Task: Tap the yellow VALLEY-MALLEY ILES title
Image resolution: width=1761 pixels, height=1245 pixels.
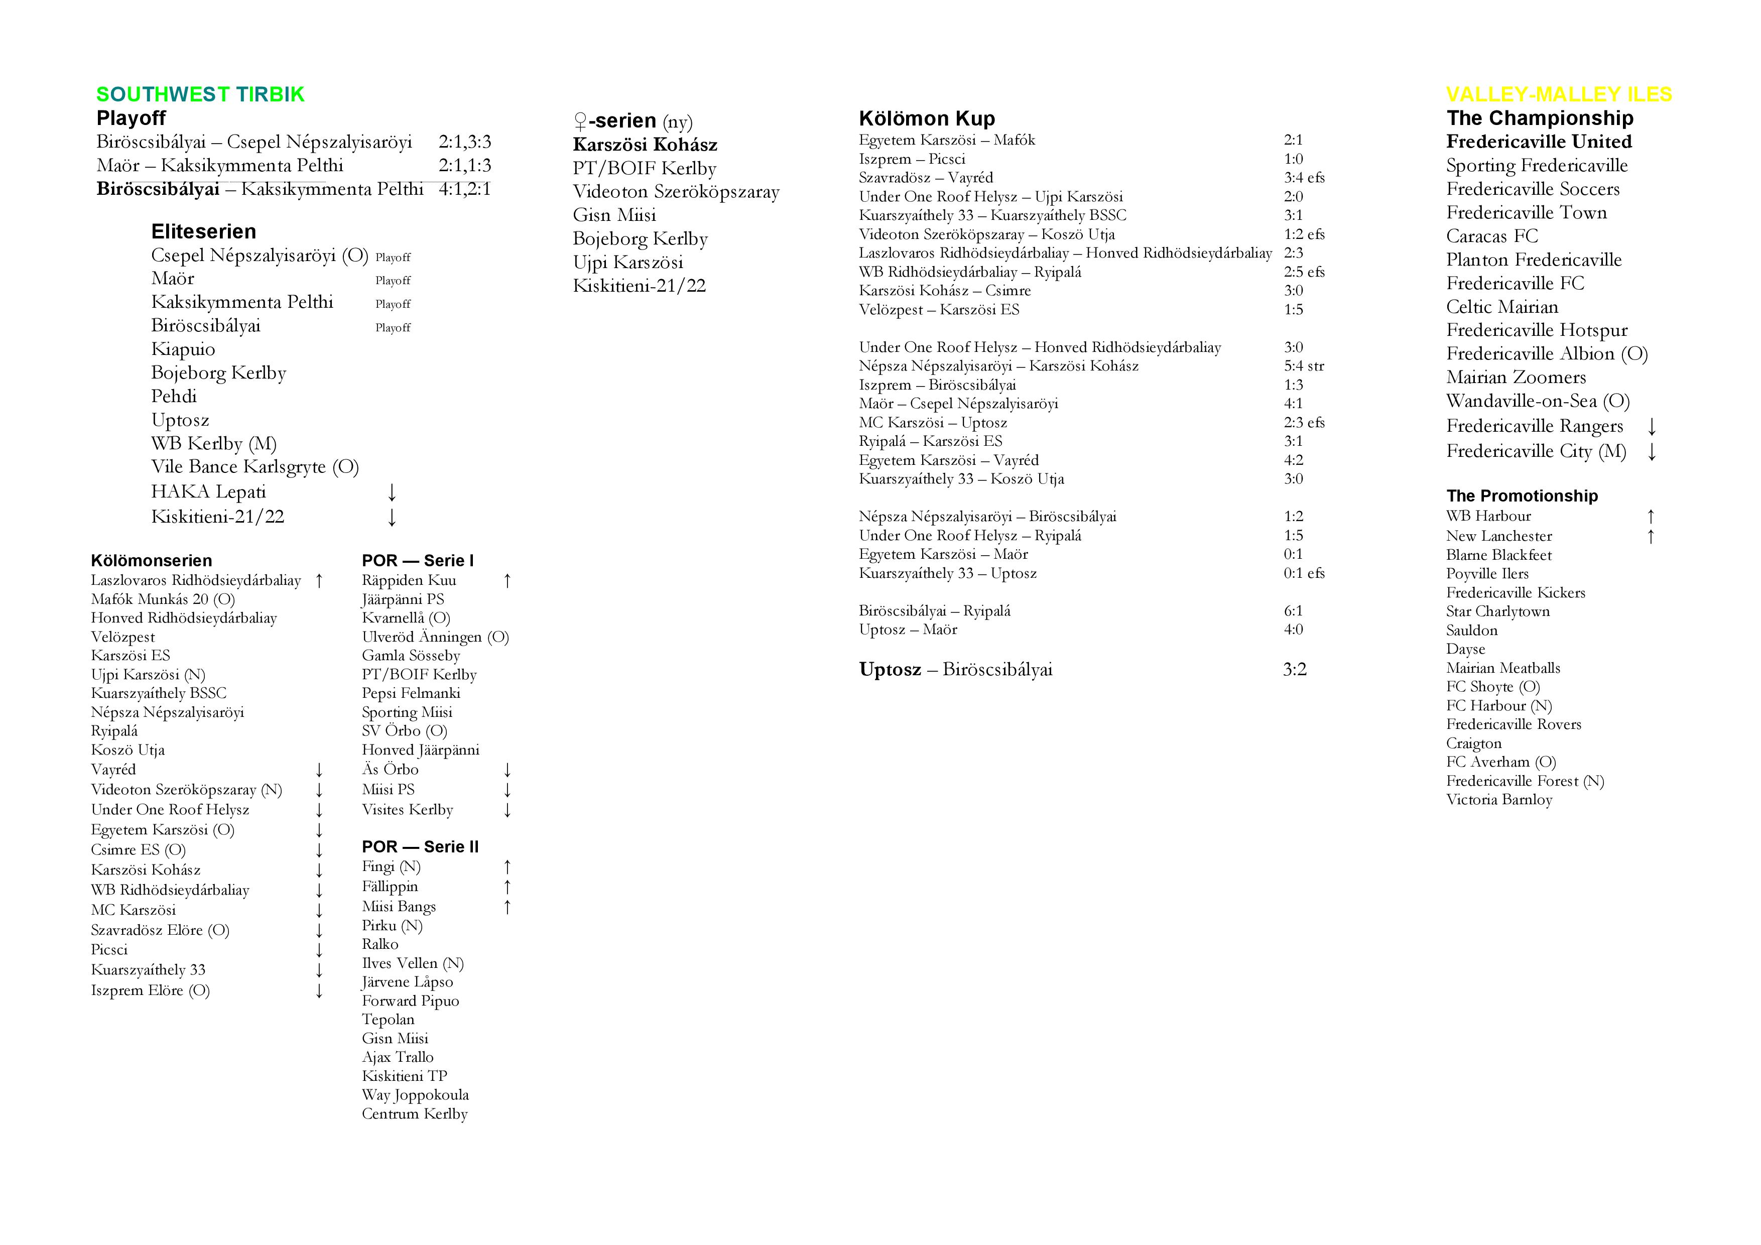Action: (x=1559, y=94)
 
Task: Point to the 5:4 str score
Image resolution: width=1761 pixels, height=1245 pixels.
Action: (x=1304, y=366)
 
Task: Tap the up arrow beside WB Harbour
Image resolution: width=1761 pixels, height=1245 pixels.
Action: (x=1651, y=516)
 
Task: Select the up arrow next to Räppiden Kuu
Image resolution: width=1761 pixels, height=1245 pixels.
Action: (x=507, y=581)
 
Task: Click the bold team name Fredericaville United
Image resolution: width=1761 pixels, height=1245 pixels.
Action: (x=1539, y=142)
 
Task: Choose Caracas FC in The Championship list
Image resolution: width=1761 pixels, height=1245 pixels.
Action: (x=1492, y=236)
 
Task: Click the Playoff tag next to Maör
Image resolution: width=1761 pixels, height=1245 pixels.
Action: (x=393, y=281)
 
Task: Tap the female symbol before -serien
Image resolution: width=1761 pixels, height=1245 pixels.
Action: (x=581, y=121)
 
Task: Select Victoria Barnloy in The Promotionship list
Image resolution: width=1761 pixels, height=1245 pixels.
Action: (x=1498, y=799)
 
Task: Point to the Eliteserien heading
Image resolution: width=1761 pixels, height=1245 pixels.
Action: (x=203, y=231)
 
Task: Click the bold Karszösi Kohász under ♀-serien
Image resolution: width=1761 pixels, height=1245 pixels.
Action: (x=645, y=145)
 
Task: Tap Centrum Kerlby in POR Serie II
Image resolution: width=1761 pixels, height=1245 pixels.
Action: (x=414, y=1114)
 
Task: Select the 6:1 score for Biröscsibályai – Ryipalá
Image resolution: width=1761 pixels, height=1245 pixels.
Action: (x=1293, y=610)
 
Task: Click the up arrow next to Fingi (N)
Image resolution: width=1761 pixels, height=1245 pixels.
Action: (x=507, y=867)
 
